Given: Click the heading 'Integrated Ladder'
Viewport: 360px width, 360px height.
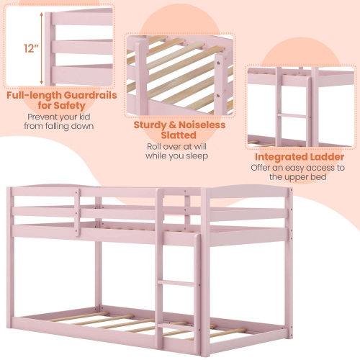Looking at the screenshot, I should pos(299,156).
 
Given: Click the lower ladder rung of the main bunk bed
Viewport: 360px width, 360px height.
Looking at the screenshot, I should pos(176,284).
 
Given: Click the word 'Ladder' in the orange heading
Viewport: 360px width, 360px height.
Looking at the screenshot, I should pos(321,156).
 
